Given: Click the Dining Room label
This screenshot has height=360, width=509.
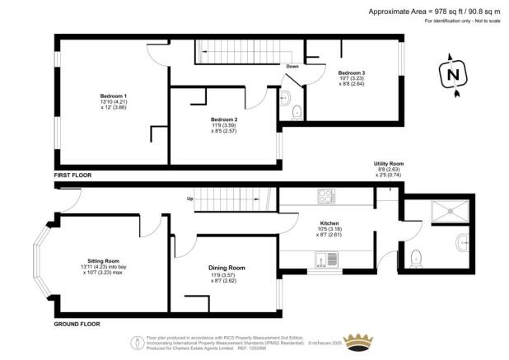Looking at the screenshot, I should coord(226,268).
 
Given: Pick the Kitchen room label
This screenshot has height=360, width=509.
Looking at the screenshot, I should coord(329,222).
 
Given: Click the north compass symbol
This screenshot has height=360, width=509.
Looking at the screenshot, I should coord(451,74).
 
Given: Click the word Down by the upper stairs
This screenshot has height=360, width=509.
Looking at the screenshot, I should coord(292,67).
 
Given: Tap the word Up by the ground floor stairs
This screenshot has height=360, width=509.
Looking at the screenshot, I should coord(191,199).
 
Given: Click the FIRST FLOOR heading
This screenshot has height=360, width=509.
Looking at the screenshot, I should coord(73,175).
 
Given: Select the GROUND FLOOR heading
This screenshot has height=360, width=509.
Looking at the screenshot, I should coord(77,324).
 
